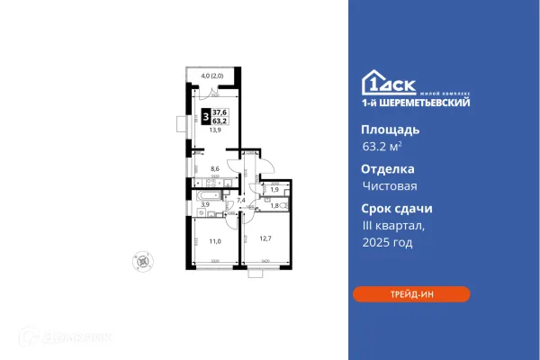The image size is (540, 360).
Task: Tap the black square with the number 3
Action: click(x=206, y=116)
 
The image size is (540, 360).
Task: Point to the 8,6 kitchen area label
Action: click(x=213, y=168)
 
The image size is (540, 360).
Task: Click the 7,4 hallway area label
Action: click(x=239, y=199)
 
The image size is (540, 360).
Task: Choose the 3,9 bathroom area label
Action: click(x=204, y=205)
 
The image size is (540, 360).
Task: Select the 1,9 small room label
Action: click(x=274, y=189)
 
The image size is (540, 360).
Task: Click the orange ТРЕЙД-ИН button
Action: click(x=411, y=293)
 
